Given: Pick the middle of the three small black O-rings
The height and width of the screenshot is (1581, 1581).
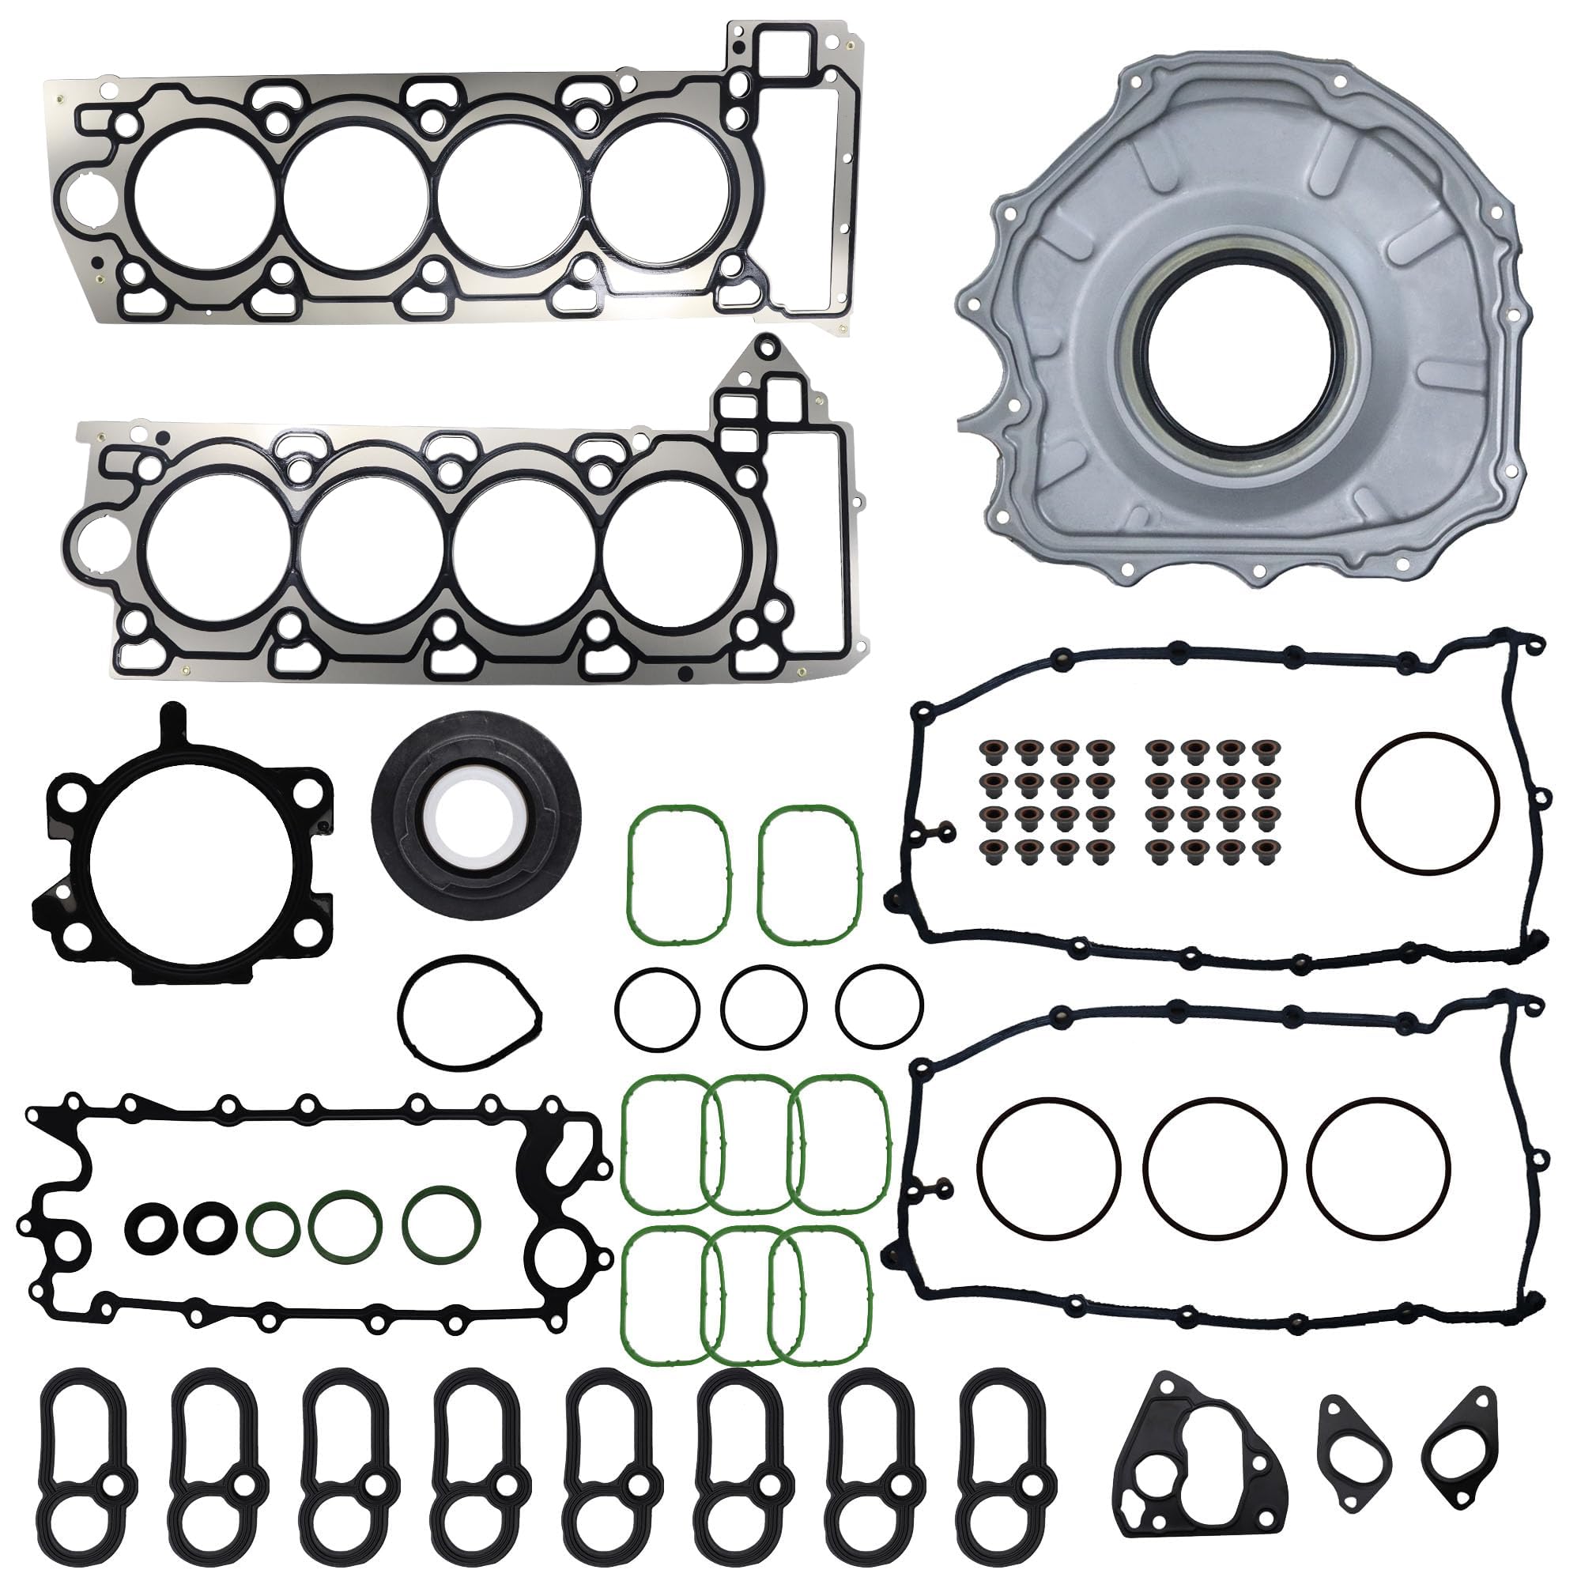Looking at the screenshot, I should (764, 1007).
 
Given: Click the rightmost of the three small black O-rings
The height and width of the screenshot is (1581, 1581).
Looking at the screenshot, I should (880, 1007).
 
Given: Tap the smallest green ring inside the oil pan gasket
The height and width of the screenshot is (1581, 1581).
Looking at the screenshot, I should (272, 1228).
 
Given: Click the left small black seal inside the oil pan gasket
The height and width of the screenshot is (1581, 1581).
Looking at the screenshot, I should (149, 1228).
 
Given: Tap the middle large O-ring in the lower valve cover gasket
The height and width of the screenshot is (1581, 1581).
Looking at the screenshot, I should (1214, 1168).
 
